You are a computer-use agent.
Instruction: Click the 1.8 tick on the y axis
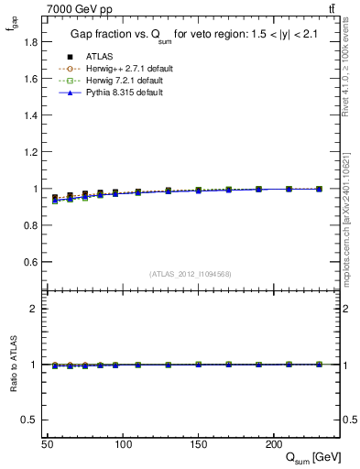pyautogui.click(x=32, y=42)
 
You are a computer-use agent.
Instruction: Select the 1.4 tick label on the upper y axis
pyautogui.click(x=32, y=115)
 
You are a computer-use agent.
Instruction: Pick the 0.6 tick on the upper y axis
pyautogui.click(x=32, y=262)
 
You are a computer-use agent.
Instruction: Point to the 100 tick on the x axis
pyautogui.click(x=123, y=443)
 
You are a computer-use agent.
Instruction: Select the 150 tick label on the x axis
pyautogui.click(x=198, y=443)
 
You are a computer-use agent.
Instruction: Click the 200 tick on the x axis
pyautogui.click(x=273, y=443)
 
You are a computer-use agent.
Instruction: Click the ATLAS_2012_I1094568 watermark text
pyautogui.click(x=191, y=273)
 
